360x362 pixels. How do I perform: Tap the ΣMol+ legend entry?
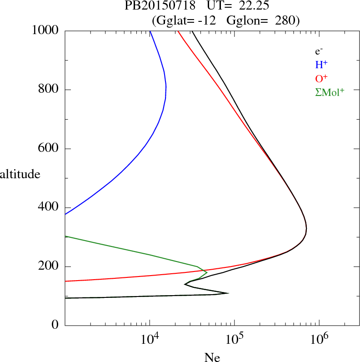point(330,92)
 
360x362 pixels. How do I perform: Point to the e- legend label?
point(319,51)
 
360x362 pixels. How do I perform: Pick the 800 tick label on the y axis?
point(48,89)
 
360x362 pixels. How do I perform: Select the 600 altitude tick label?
point(48,148)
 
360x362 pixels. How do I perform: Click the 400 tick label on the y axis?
point(48,207)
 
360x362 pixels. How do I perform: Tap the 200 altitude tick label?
point(48,266)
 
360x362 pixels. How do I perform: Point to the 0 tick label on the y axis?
point(55,325)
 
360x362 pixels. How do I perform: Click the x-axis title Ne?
point(212,357)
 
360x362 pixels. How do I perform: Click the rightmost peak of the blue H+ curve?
point(166,86)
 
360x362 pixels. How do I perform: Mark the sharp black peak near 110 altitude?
point(228,293)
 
